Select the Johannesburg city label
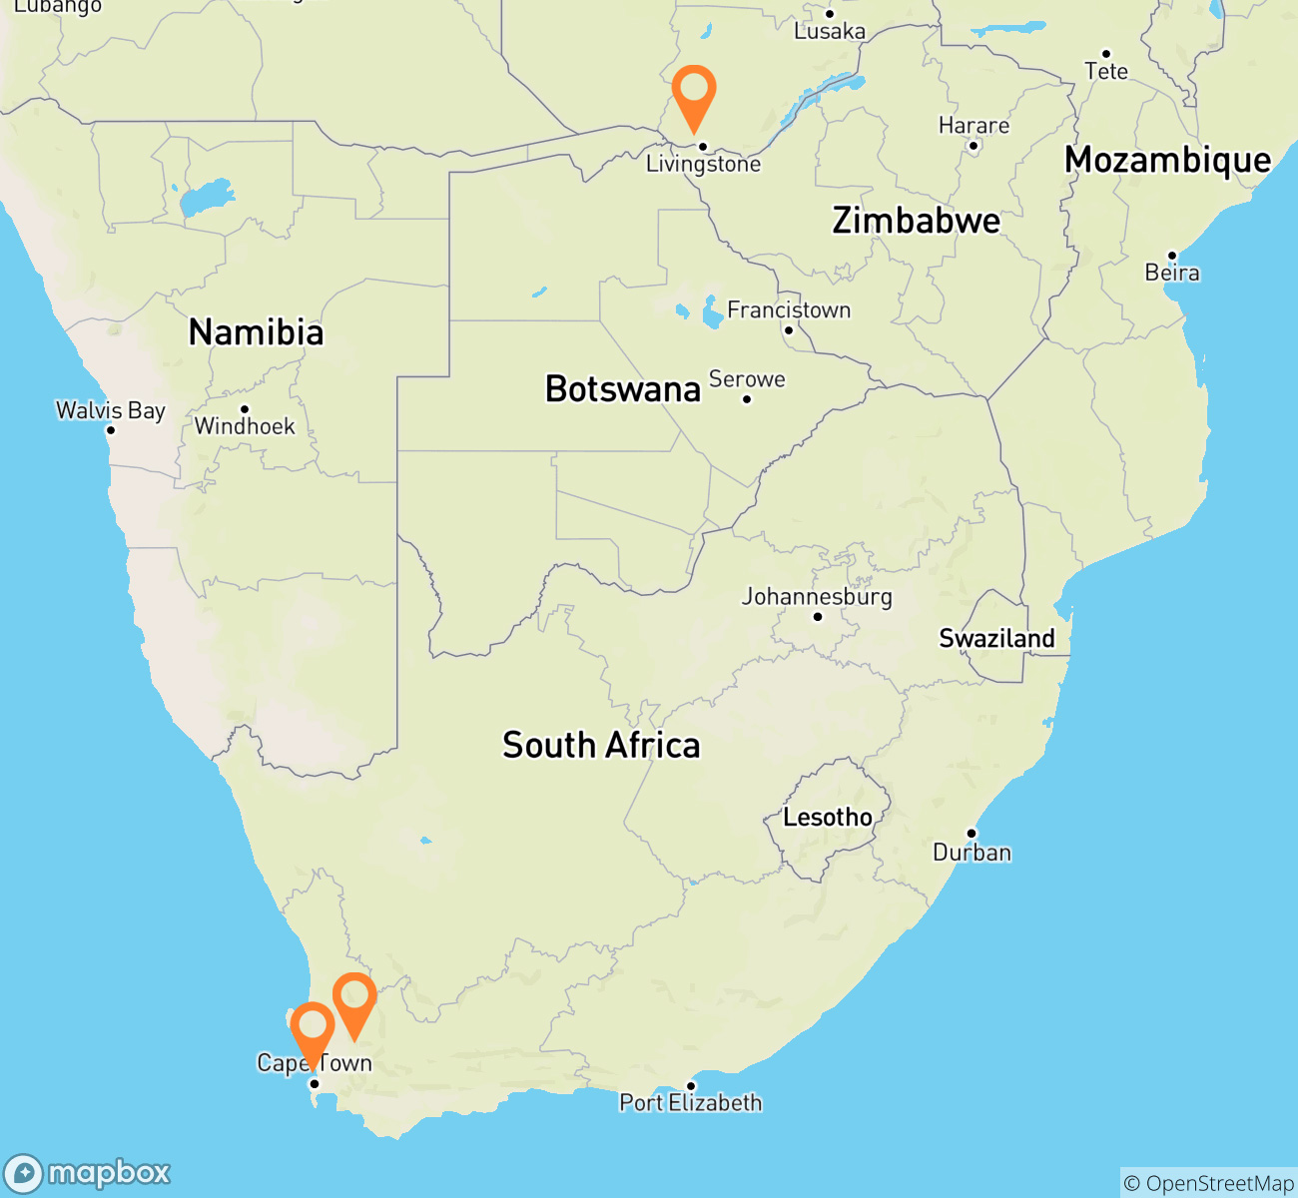(x=817, y=597)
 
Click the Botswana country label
(x=623, y=388)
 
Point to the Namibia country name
(x=257, y=332)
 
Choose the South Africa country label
(x=601, y=745)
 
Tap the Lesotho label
(x=828, y=818)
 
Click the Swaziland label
(x=996, y=638)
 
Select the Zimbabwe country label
(x=916, y=221)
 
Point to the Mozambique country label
(x=1168, y=160)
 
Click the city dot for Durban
(x=971, y=834)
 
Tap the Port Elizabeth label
(x=691, y=1103)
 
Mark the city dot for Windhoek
(x=245, y=409)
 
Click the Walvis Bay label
(x=111, y=410)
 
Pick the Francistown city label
(x=789, y=310)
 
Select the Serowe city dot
(x=747, y=400)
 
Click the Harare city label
(x=973, y=126)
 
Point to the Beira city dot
(x=1172, y=256)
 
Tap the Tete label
(x=1106, y=72)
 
